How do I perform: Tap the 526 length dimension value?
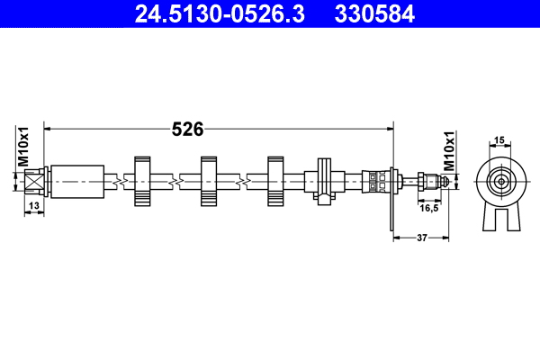pyautogui.click(x=187, y=130)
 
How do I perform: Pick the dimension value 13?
pyautogui.click(x=33, y=208)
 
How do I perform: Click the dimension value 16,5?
pyautogui.click(x=428, y=208)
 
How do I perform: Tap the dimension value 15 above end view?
pyautogui.click(x=499, y=140)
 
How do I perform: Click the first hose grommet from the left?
pyautogui.click(x=142, y=181)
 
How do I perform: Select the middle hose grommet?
pyautogui.click(x=209, y=181)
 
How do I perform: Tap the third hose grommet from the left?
pyautogui.click(x=275, y=181)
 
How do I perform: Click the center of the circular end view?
pyautogui.click(x=499, y=181)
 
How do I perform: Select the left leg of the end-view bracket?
pyautogui.click(x=490, y=216)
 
